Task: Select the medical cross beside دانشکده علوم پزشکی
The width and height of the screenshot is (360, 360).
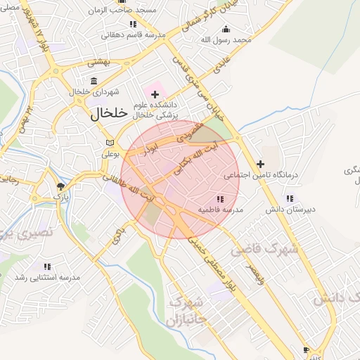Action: click(155, 94)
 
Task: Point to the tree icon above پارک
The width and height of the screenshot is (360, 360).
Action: click(61, 186)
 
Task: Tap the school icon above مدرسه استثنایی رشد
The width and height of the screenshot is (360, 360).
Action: click(47, 267)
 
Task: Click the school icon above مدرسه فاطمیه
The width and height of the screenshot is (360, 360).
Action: click(221, 199)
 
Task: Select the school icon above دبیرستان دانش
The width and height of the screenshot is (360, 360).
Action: click(290, 198)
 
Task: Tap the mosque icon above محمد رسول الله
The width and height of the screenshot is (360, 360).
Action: click(225, 29)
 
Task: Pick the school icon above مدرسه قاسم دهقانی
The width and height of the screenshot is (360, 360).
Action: click(133, 24)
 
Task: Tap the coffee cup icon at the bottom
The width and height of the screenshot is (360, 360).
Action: click(305, 349)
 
